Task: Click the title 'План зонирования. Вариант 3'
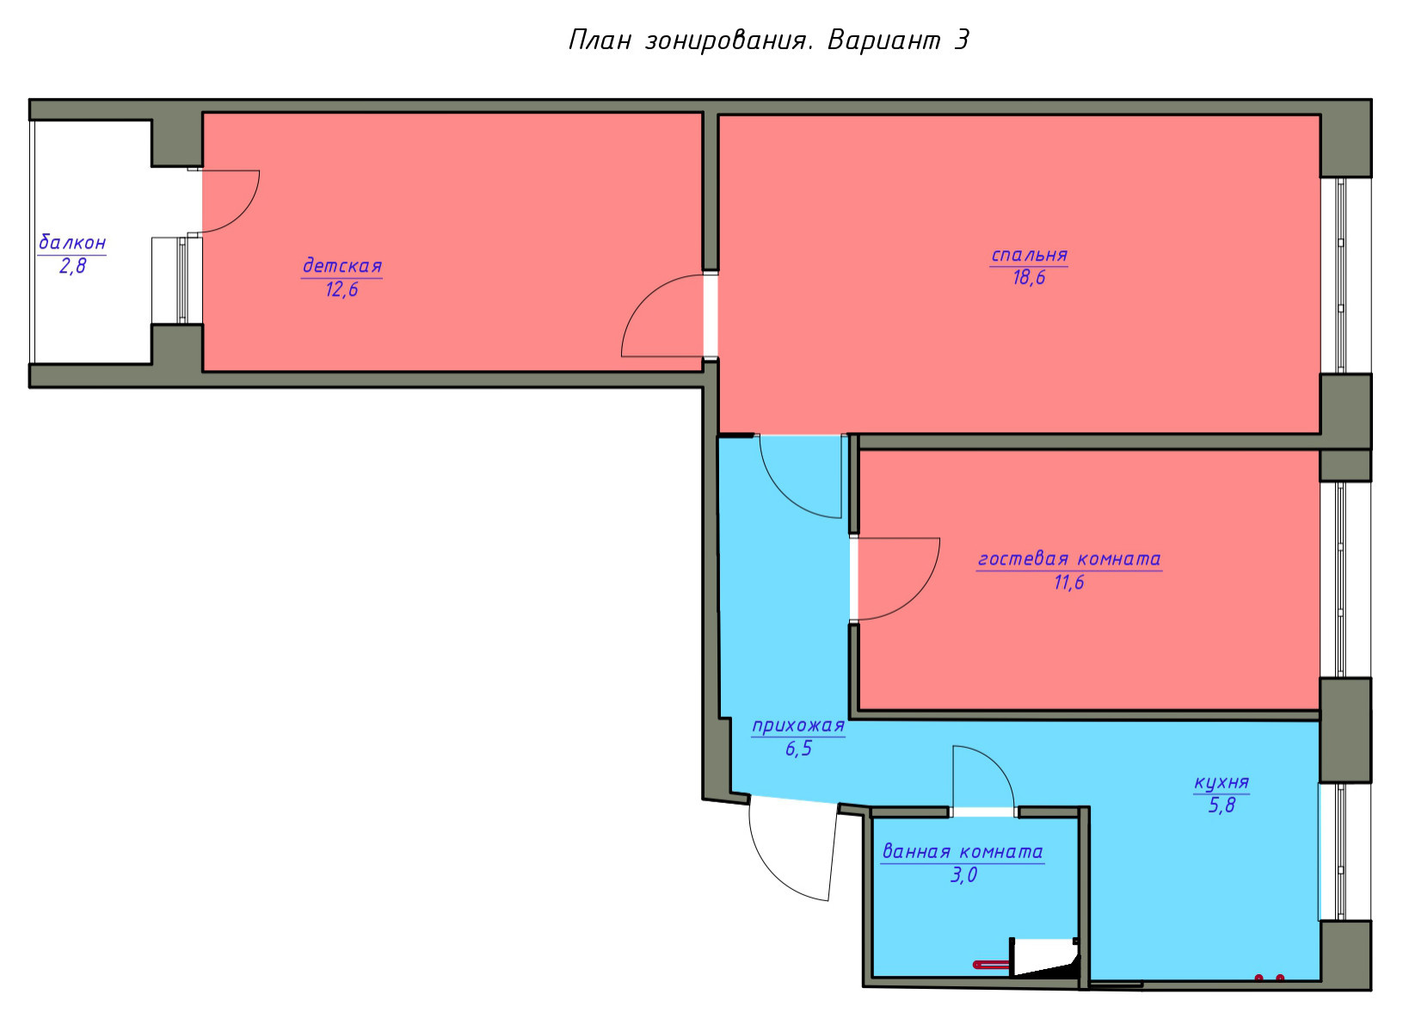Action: point(768,40)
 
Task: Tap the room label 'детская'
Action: point(342,265)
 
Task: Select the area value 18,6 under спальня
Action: point(1029,278)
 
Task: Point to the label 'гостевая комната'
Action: point(1069,559)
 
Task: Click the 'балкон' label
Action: point(72,242)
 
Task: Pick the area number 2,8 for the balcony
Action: point(72,266)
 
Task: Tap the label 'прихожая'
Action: point(798,726)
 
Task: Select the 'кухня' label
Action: point(1221,782)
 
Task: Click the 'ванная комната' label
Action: point(963,851)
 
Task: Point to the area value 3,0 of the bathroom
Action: point(963,875)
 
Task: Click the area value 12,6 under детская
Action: point(342,289)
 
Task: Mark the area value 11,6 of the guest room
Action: point(1069,583)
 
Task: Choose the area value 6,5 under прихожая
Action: point(798,749)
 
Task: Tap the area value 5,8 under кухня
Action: point(1221,806)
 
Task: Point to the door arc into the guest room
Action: point(925,594)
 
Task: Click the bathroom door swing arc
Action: point(998,762)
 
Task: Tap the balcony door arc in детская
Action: point(245,215)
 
